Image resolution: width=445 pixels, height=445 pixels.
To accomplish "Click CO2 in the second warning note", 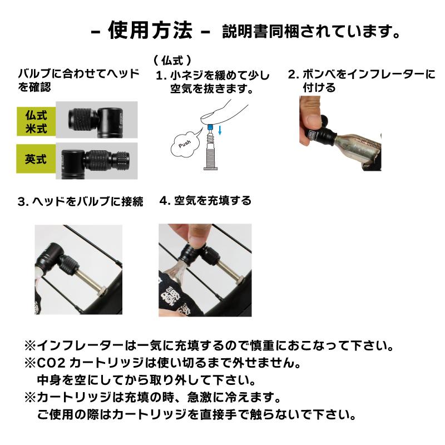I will [51, 364].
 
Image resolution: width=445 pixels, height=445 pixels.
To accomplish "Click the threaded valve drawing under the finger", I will [209, 153].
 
